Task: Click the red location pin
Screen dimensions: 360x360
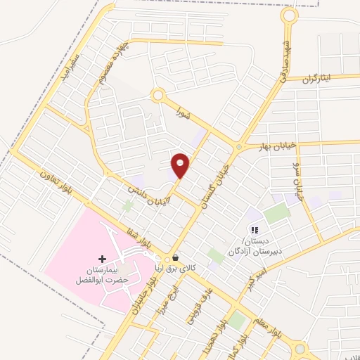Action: pyautogui.click(x=181, y=165)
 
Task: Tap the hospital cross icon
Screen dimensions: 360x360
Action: pyautogui.click(x=103, y=259)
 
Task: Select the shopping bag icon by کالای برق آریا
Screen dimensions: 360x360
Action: pyautogui.click(x=174, y=258)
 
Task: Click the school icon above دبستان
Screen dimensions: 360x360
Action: pyautogui.click(x=255, y=230)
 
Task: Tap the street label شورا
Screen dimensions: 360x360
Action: pyautogui.click(x=184, y=112)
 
